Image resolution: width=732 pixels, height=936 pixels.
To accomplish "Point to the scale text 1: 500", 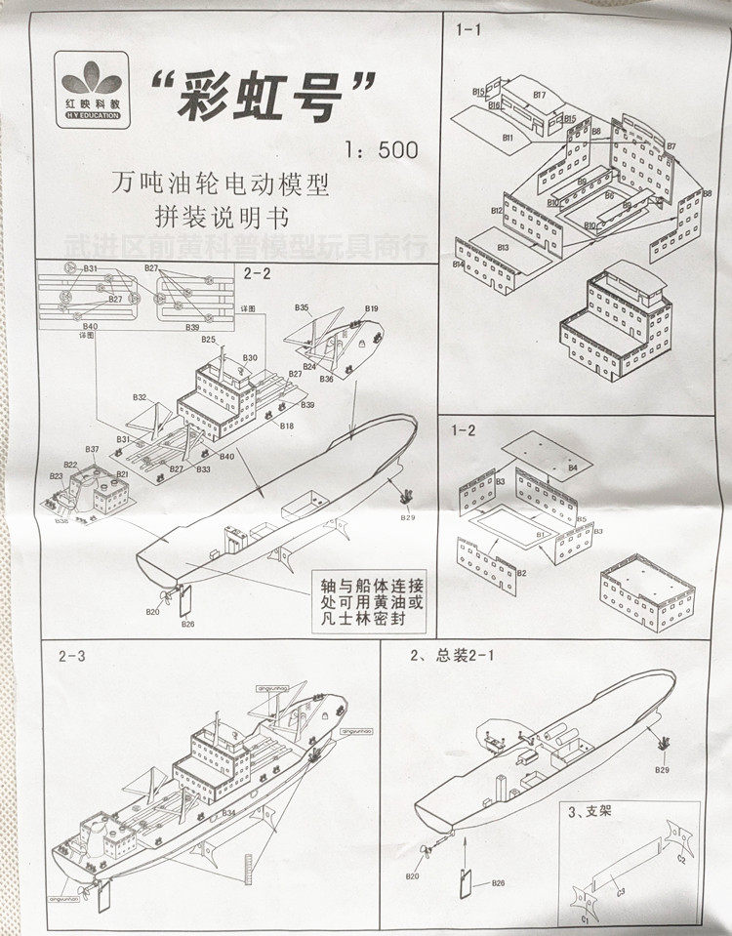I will tap(381, 150).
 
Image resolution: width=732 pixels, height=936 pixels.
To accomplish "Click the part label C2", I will tap(680, 859).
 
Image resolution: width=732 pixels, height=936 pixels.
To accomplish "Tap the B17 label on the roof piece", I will tap(538, 95).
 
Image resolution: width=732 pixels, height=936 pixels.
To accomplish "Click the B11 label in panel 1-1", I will tap(508, 139).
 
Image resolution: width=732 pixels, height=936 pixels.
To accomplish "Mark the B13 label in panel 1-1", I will tap(503, 248).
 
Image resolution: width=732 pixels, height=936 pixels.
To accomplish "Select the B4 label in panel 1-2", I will tap(573, 468).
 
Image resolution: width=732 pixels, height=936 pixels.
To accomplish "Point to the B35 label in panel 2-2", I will tap(303, 308).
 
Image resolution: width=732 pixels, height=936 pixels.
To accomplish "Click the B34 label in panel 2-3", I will tap(228, 812).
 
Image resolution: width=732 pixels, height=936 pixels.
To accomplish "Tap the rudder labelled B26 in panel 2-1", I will tap(467, 879).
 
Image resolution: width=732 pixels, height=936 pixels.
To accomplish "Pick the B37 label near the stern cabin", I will tap(92, 450).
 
